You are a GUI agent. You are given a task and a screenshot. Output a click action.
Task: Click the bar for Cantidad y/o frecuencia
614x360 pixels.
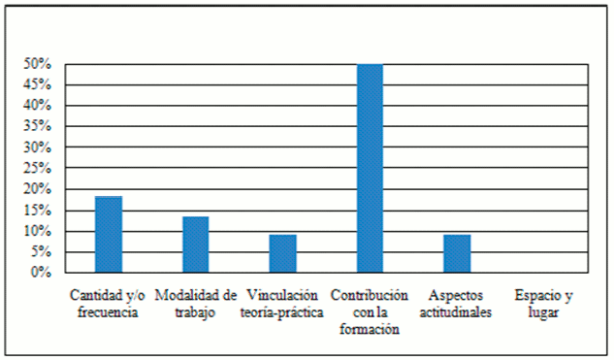(109, 235)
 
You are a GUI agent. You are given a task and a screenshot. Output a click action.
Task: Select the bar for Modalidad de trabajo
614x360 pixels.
(196, 245)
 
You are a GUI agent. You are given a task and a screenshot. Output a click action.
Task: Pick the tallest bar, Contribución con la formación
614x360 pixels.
(370, 168)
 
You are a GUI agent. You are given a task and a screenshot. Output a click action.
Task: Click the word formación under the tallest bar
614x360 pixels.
(370, 329)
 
